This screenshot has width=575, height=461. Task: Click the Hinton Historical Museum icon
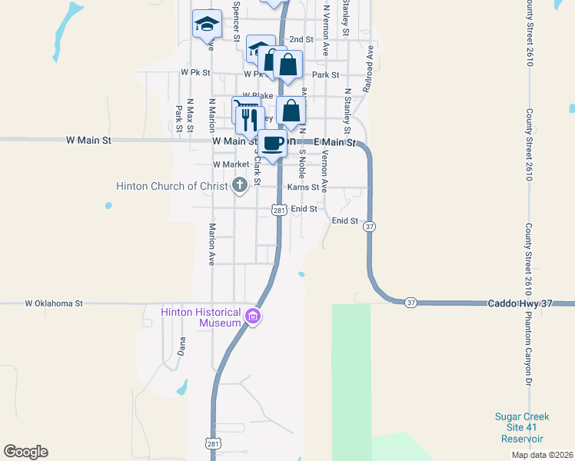click(x=253, y=316)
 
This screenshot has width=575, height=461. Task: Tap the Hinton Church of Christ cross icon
click(x=240, y=184)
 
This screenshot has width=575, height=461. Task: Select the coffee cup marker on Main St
click(x=272, y=144)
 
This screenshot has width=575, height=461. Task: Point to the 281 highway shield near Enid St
click(x=279, y=210)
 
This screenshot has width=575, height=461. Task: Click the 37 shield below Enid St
click(x=371, y=227)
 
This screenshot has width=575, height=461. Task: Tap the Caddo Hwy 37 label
click(x=520, y=303)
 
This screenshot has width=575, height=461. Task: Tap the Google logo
click(x=25, y=452)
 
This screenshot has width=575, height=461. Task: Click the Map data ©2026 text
click(x=543, y=455)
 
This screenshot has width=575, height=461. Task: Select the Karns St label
click(x=303, y=187)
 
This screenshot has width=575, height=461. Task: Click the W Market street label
click(x=231, y=164)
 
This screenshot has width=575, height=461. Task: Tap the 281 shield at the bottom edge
click(x=213, y=443)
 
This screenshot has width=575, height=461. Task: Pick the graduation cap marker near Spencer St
click(x=208, y=24)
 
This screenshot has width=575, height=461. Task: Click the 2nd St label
click(x=301, y=39)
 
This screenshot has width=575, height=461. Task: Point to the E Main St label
click(x=335, y=142)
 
